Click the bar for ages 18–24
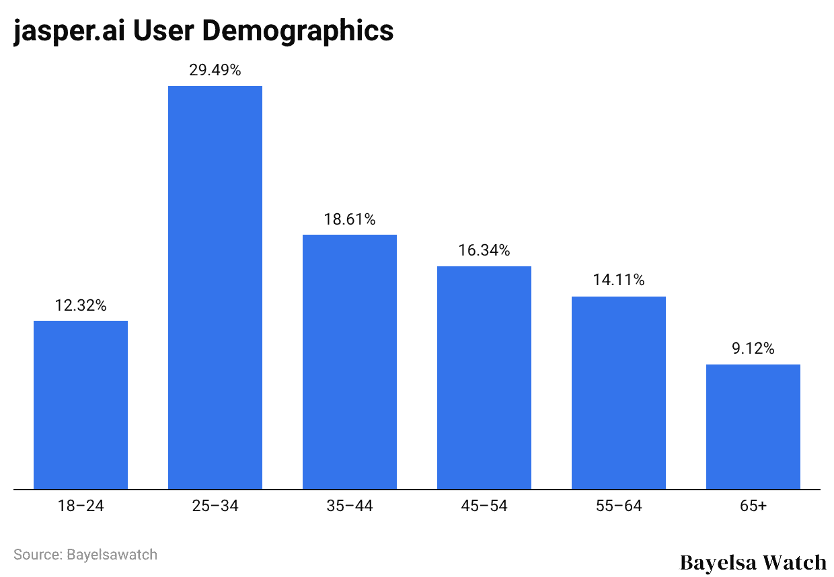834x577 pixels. click(x=81, y=405)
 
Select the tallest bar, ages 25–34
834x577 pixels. click(x=215, y=288)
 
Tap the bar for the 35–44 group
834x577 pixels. click(x=350, y=362)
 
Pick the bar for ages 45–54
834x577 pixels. click(x=484, y=378)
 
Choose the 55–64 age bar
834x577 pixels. click(x=619, y=393)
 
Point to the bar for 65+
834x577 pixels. click(x=753, y=426)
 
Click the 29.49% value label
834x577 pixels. click(x=215, y=70)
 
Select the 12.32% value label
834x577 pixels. click(x=81, y=305)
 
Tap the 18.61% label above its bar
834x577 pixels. click(x=350, y=219)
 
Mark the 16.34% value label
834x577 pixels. click(x=484, y=251)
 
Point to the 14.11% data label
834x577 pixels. click(x=619, y=280)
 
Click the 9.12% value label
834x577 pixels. click(x=753, y=348)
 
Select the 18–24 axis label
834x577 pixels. click(x=81, y=506)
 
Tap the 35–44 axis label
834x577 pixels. click(x=350, y=506)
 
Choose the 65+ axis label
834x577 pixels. click(x=753, y=506)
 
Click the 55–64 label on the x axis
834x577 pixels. click(x=619, y=506)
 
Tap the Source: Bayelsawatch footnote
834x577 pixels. click(x=85, y=555)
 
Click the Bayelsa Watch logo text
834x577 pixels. click(x=753, y=562)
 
